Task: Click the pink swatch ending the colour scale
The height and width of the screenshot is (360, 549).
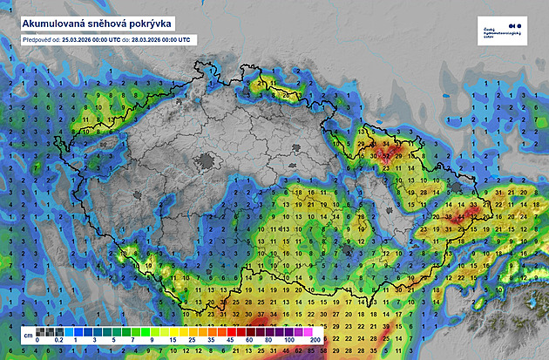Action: [307, 332]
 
